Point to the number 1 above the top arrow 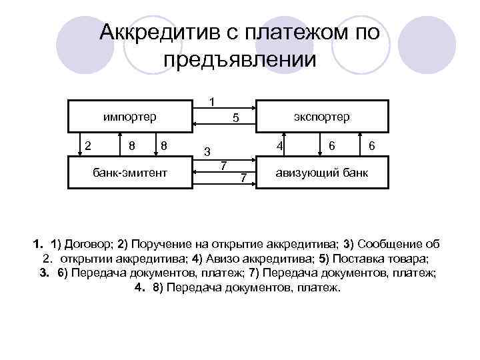tap(211, 103)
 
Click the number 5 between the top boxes tap(235, 119)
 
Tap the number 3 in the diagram tap(207, 150)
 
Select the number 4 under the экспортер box tap(281, 145)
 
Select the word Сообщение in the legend tap(393, 241)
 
